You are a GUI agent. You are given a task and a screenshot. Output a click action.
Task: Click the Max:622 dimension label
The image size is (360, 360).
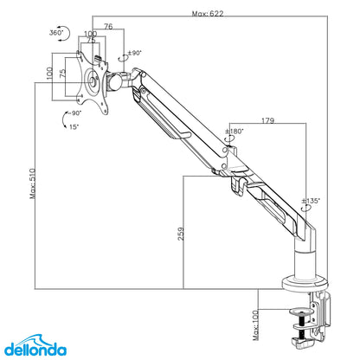tap(210, 14)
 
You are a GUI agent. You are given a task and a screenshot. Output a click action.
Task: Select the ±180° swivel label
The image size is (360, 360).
tap(234, 132)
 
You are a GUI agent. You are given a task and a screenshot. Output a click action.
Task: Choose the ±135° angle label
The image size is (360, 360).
tap(311, 201)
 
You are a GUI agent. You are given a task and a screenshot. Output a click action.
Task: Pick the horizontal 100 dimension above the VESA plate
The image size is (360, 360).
tap(89, 35)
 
